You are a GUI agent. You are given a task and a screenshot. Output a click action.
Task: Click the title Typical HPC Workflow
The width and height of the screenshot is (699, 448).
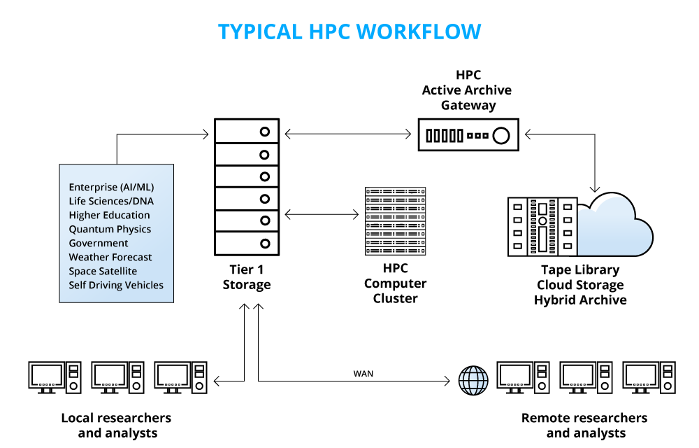[x=349, y=31]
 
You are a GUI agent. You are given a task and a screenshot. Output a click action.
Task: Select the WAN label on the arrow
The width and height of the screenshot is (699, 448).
[x=363, y=373]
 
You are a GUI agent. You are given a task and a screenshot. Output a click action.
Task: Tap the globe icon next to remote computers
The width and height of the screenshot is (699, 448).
[x=473, y=380]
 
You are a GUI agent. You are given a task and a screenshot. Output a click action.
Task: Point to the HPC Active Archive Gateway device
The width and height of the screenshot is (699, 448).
[x=468, y=135]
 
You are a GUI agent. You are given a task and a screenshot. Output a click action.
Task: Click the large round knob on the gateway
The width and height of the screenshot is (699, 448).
[x=500, y=136]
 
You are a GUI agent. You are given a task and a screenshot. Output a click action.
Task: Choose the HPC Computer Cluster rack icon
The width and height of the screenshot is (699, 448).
[x=395, y=220]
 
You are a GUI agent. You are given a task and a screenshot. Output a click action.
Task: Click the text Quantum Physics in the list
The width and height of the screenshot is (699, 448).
[x=110, y=229]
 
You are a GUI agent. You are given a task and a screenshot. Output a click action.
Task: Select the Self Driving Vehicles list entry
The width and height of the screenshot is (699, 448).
[x=116, y=285]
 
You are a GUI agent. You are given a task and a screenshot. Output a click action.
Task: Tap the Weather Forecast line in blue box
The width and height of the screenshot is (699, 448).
[x=110, y=257]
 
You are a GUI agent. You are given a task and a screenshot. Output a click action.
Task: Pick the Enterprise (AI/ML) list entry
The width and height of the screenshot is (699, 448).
[x=111, y=187]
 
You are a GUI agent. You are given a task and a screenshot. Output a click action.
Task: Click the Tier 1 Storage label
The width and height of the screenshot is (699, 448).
[x=247, y=277]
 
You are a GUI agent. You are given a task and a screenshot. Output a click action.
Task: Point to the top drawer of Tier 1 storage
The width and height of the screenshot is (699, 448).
[x=247, y=131]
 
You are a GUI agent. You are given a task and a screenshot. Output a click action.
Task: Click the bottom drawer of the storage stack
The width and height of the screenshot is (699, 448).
[x=247, y=244]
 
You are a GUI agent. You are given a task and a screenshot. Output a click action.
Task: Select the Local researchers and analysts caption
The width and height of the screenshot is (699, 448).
[x=116, y=425]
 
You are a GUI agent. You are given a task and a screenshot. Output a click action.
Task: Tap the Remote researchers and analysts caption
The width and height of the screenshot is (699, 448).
[x=584, y=425]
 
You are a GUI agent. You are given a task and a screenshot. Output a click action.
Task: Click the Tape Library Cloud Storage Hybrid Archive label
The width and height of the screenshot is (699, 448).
[x=580, y=285]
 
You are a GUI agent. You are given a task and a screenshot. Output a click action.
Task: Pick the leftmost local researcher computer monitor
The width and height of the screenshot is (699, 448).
[x=48, y=374]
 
